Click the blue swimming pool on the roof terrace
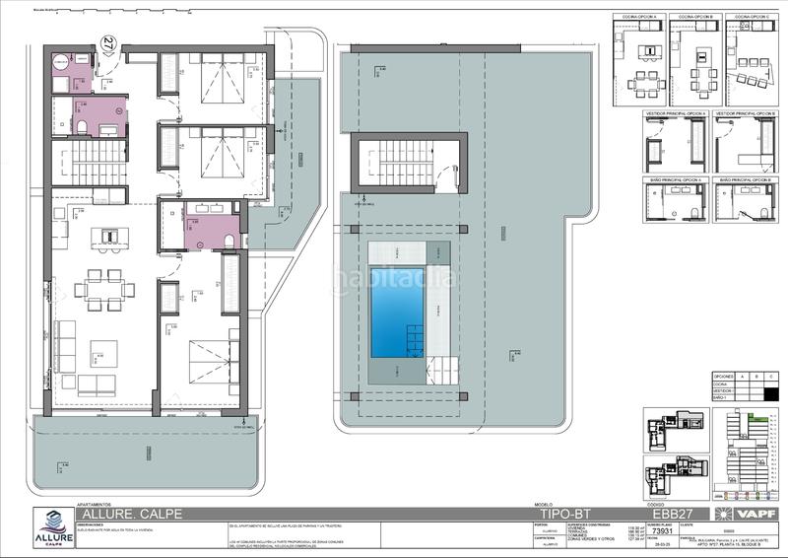(x=397, y=312)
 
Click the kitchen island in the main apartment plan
(x=109, y=237)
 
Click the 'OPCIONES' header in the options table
(x=724, y=377)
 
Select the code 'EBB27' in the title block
(x=672, y=514)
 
